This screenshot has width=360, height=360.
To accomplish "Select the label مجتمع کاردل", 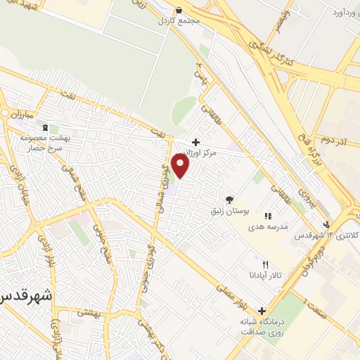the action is (x=179, y=20).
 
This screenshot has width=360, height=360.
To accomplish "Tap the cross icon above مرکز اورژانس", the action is (x=195, y=141).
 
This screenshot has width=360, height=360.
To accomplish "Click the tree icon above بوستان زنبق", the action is (x=229, y=200).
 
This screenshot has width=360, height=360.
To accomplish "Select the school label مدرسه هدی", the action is (x=267, y=227).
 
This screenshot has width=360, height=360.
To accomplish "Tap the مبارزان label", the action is (x=21, y=112).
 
